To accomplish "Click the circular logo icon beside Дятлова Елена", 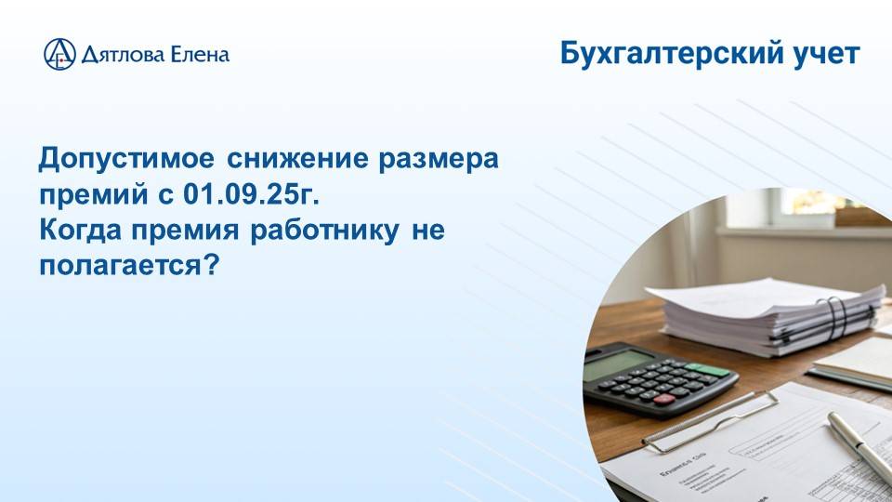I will coord(59,54).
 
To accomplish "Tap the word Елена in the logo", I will coord(198,54).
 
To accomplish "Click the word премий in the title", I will coord(84,195).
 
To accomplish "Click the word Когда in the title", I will coord(74,231).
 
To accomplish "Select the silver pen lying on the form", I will coord(859,446).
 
